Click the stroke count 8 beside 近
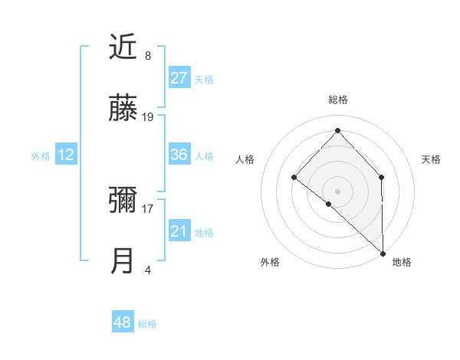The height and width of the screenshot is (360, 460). click(x=148, y=56)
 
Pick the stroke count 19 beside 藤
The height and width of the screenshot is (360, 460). click(x=148, y=117)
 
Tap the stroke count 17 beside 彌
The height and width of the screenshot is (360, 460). click(x=148, y=208)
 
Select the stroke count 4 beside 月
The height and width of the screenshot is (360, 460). click(x=148, y=270)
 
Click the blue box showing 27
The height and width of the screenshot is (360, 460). click(x=179, y=78)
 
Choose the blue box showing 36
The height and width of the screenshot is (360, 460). click(x=179, y=155)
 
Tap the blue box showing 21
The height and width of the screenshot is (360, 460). click(x=179, y=231)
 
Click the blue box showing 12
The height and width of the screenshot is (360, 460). click(x=66, y=155)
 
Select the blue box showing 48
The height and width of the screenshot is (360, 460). click(x=123, y=322)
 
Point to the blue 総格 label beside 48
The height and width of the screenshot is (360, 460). click(x=147, y=324)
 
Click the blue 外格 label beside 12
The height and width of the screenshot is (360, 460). click(x=41, y=156)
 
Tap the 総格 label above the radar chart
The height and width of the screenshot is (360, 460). click(x=337, y=100)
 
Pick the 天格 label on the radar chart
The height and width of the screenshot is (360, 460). click(x=431, y=159)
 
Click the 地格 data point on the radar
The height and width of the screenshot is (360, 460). click(x=382, y=252)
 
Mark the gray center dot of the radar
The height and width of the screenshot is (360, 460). click(x=337, y=191)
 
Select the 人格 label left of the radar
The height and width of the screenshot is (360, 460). click(x=245, y=159)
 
